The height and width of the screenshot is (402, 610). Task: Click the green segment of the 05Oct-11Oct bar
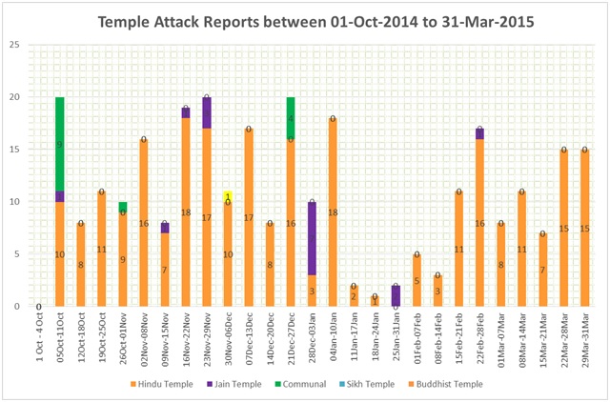60,144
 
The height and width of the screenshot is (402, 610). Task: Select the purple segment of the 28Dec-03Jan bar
311,238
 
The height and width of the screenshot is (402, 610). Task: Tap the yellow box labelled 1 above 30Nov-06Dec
228,196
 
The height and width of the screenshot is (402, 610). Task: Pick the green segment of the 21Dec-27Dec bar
290,118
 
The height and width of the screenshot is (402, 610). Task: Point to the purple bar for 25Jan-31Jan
396,295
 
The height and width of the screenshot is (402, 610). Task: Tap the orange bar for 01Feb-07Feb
417,280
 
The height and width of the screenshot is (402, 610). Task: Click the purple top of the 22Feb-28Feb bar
479,133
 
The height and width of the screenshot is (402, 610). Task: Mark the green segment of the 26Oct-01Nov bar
123,207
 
